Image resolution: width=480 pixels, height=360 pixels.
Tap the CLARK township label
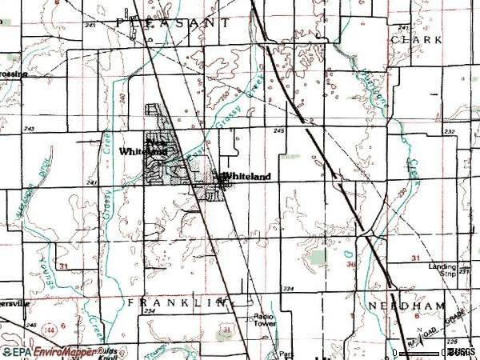pos(405,39)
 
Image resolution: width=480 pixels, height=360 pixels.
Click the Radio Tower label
pos(265,319)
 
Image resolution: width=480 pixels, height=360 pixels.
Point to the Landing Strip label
pos(441,270)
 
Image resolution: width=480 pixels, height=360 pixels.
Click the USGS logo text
pos(461,351)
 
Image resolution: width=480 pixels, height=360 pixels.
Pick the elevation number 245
pos(279,130)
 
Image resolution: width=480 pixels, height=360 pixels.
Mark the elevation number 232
pos(450,132)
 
